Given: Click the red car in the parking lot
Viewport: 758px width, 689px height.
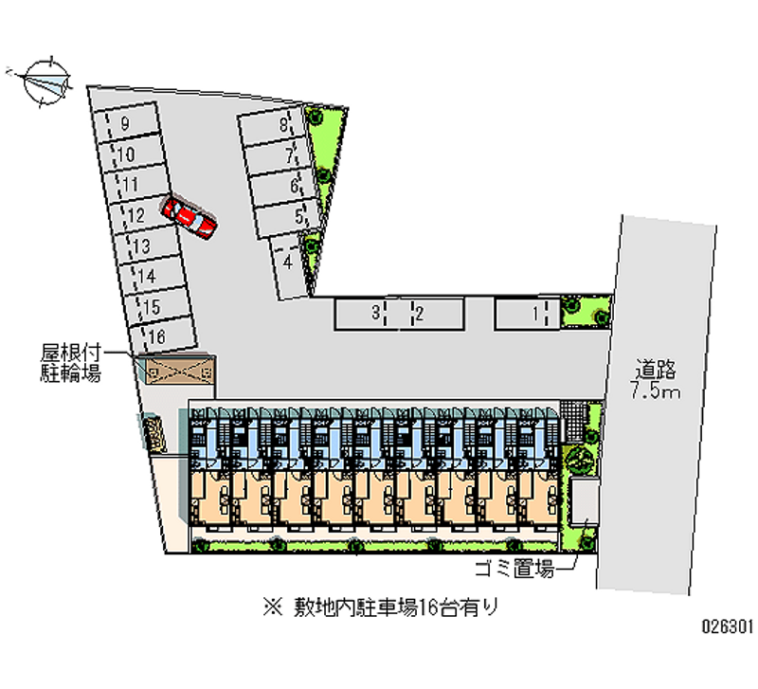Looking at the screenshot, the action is (189, 217).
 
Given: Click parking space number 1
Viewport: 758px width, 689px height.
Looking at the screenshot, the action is (528, 315).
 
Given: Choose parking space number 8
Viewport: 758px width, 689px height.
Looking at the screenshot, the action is (272, 126).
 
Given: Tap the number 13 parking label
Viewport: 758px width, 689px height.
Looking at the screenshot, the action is (141, 246).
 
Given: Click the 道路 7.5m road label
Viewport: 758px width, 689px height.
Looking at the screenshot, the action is (656, 379).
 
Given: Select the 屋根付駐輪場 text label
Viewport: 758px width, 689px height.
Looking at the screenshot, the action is (70, 363).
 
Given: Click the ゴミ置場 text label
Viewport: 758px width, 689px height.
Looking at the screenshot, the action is (514, 568).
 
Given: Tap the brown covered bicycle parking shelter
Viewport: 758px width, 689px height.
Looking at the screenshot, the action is (180, 371).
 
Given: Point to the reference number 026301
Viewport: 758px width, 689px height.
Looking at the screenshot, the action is (728, 626).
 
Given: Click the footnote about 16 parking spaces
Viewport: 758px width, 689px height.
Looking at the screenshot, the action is (381, 607).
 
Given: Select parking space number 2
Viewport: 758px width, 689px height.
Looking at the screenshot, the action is (432, 315).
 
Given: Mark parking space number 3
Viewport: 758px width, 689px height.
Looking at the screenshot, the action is (368, 315).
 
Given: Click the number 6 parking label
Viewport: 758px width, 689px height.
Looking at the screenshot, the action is (294, 186).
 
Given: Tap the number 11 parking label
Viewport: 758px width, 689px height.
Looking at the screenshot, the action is (131, 185).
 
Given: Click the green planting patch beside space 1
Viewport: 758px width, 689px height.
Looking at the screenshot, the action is (586, 312).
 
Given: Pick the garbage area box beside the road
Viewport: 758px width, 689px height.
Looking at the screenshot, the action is (584, 501).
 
